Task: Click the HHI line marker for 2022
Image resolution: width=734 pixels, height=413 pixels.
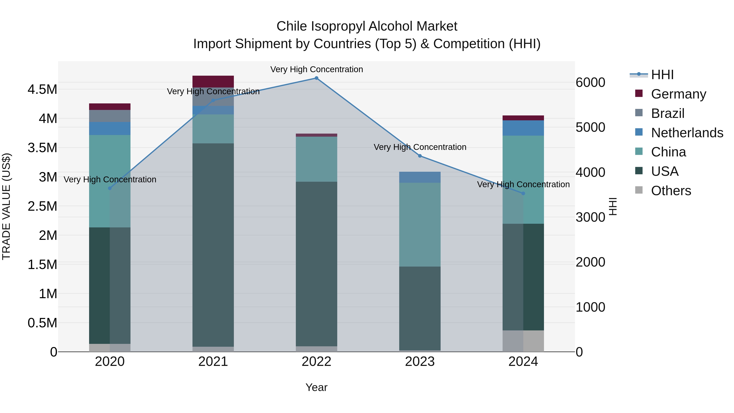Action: [316, 78]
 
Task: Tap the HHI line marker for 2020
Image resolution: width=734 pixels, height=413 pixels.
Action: [110, 188]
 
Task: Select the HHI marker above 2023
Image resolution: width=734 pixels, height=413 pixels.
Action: [420, 156]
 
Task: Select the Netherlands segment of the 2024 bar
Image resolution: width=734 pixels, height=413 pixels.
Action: [523, 128]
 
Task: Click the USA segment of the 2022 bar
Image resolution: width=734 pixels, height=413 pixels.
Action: [316, 264]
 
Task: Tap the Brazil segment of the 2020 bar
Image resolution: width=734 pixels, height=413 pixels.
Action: [110, 116]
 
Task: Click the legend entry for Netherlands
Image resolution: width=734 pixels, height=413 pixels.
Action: [687, 133]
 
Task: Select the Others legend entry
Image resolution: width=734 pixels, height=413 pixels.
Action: [671, 191]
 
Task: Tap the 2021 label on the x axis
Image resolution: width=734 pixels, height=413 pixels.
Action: [213, 362]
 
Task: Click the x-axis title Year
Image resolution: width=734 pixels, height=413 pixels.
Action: [316, 387]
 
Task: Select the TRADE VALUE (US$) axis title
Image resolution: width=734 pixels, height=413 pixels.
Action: [6, 206]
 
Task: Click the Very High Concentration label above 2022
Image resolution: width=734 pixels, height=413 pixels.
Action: [316, 70]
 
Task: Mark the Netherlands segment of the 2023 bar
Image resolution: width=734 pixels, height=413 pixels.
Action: [420, 177]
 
